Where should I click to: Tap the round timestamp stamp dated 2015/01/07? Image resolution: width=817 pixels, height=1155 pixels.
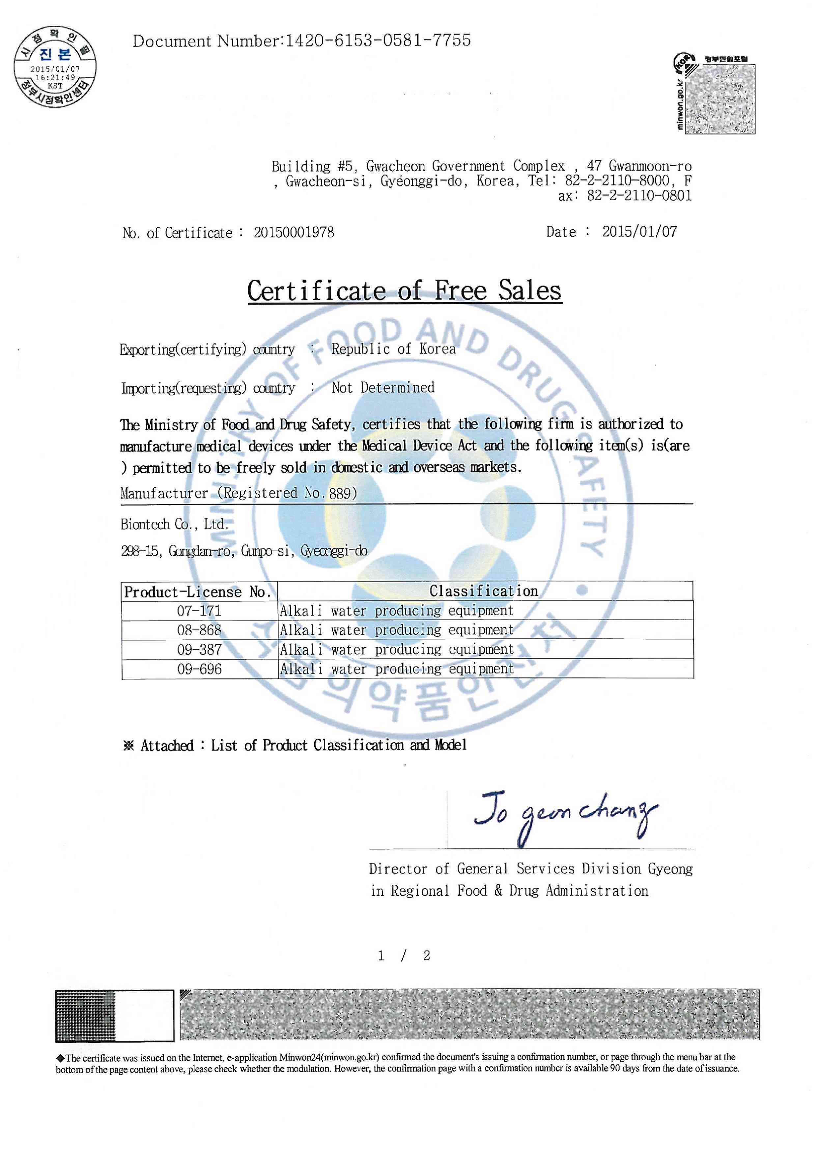click(x=55, y=67)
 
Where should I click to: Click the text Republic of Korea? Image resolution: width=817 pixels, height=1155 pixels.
click(x=393, y=349)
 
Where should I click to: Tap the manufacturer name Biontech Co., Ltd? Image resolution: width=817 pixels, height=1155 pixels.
click(x=174, y=524)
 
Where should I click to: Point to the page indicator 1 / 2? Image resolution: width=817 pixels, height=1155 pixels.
click(x=404, y=956)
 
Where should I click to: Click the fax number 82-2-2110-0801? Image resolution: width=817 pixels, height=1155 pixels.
click(x=639, y=196)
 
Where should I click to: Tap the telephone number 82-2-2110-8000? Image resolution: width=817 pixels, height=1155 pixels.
click(x=617, y=180)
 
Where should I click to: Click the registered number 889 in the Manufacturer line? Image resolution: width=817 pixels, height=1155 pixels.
click(x=340, y=493)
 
